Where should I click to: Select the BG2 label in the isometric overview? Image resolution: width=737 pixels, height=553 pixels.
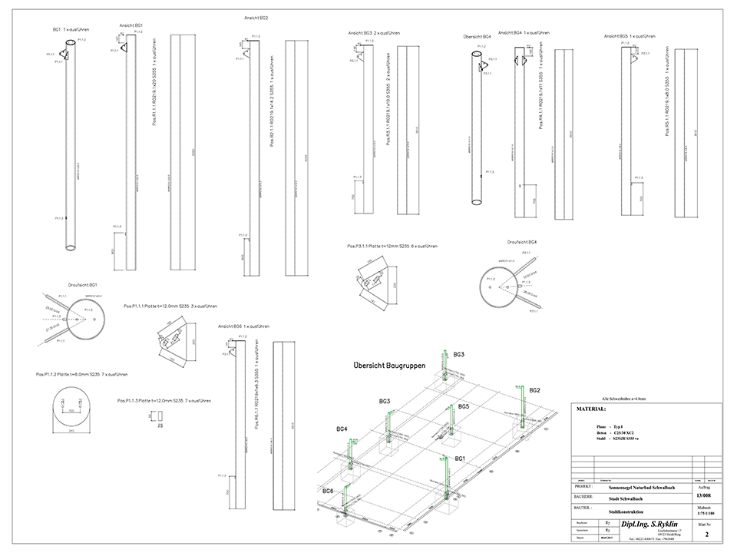(535, 390)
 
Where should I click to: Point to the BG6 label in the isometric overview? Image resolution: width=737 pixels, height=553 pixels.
(328, 490)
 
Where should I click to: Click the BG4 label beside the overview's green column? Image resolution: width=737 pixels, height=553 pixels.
(341, 428)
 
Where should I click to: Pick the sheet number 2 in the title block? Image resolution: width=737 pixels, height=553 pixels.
(706, 531)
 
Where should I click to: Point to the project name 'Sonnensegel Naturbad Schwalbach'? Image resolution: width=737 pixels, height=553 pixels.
(637, 487)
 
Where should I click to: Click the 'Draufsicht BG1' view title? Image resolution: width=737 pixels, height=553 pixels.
(82, 284)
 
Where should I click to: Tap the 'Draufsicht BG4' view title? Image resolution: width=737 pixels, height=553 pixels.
(521, 242)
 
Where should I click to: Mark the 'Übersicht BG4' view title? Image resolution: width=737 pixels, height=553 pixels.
(477, 35)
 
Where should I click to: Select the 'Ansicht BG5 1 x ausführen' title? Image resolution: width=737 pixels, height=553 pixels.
(629, 35)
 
